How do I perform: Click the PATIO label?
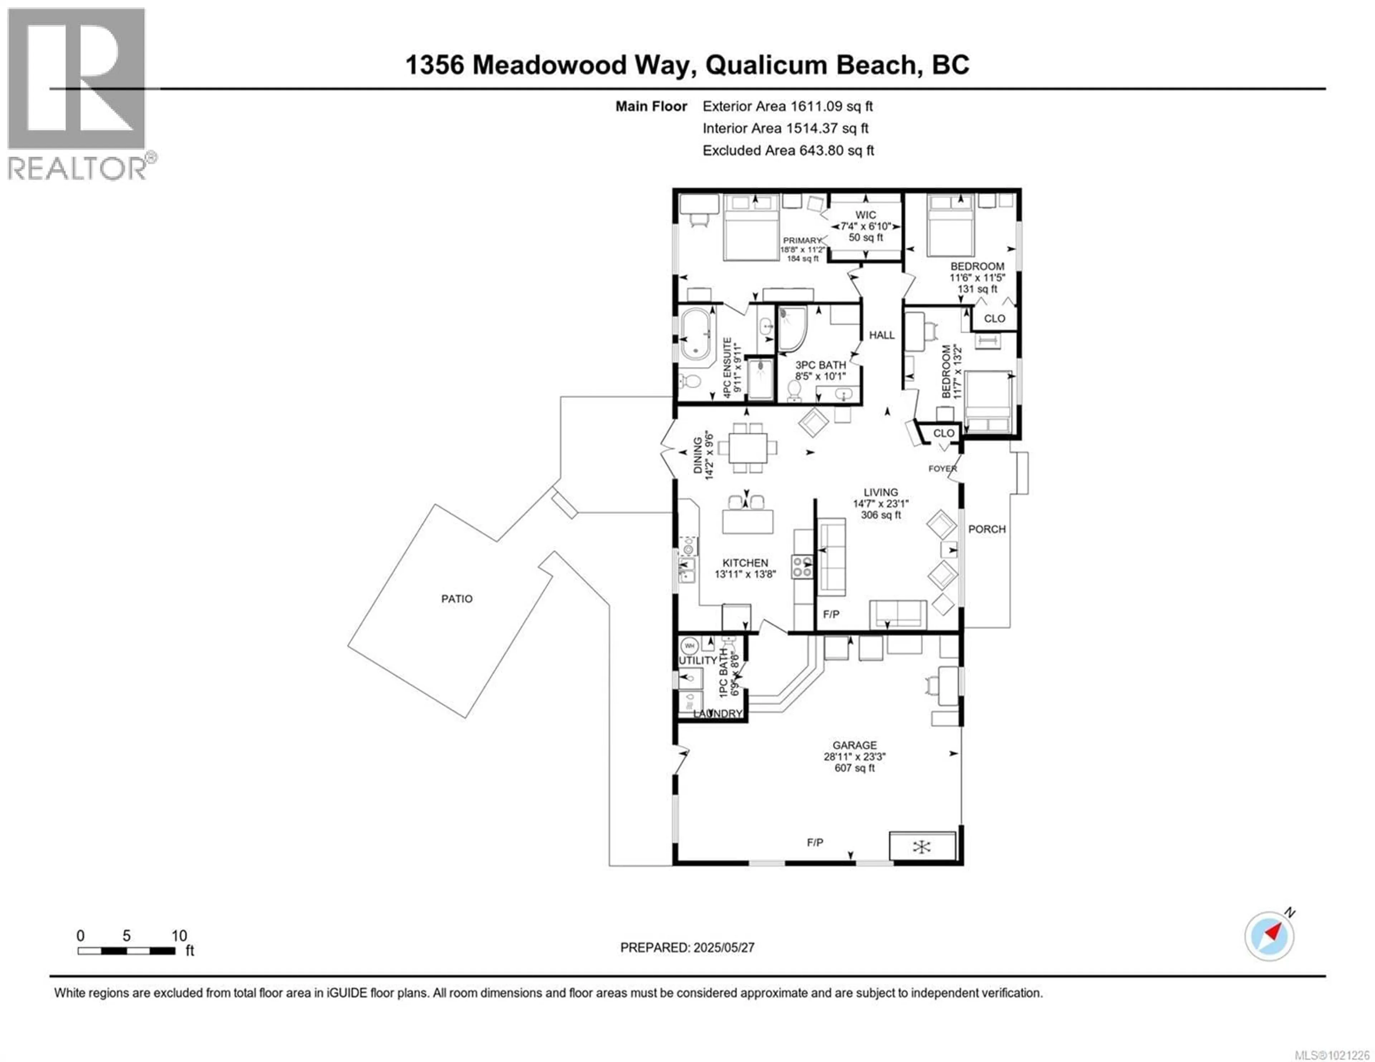(457, 599)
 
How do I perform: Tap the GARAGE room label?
(854, 745)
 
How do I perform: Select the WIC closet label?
(866, 215)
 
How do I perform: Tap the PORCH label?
(986, 529)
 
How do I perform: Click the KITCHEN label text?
(745, 563)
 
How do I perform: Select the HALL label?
(882, 335)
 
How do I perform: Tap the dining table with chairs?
(748, 447)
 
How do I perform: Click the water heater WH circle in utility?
(689, 646)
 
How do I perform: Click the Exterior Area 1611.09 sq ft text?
(788, 106)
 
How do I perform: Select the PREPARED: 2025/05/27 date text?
(687, 947)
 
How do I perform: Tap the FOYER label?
(942, 469)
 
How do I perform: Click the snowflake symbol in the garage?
(922, 847)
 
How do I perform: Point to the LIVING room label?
(881, 492)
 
